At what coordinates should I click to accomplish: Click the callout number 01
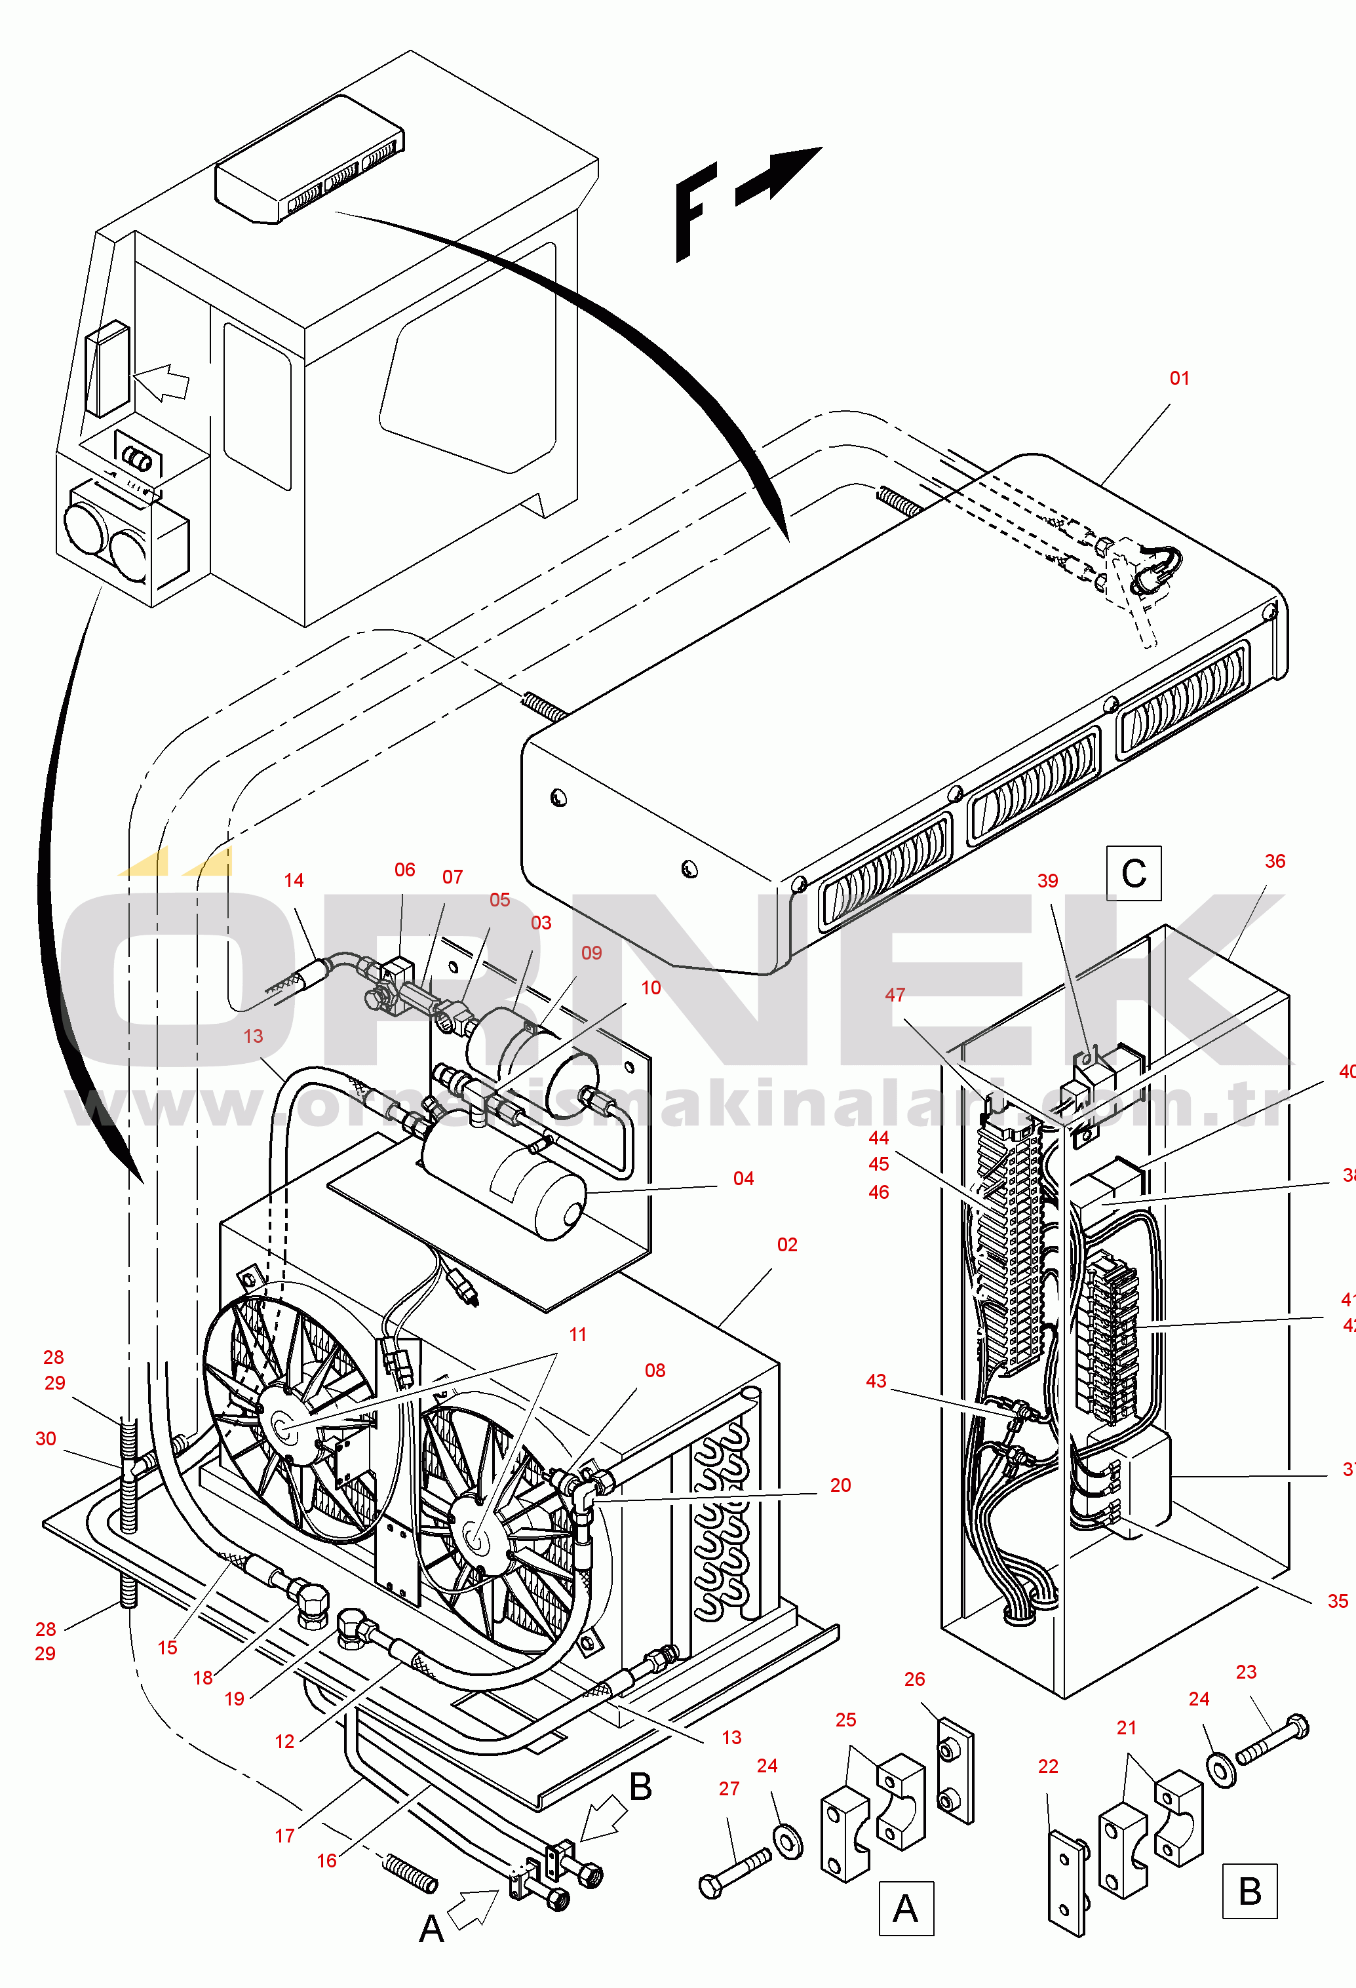pyautogui.click(x=1179, y=378)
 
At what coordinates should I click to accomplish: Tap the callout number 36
pyautogui.click(x=1275, y=861)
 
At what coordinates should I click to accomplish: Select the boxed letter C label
pyautogui.click(x=1134, y=873)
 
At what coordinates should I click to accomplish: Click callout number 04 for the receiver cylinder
pyautogui.click(x=743, y=1179)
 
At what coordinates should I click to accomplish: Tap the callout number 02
pyautogui.click(x=787, y=1245)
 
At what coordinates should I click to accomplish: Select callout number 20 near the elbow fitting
pyautogui.click(x=840, y=1486)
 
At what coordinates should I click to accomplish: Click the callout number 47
pyautogui.click(x=895, y=995)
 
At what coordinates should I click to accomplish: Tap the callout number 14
pyautogui.click(x=294, y=880)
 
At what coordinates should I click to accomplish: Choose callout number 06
pyautogui.click(x=404, y=870)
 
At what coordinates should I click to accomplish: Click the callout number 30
pyautogui.click(x=46, y=1439)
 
